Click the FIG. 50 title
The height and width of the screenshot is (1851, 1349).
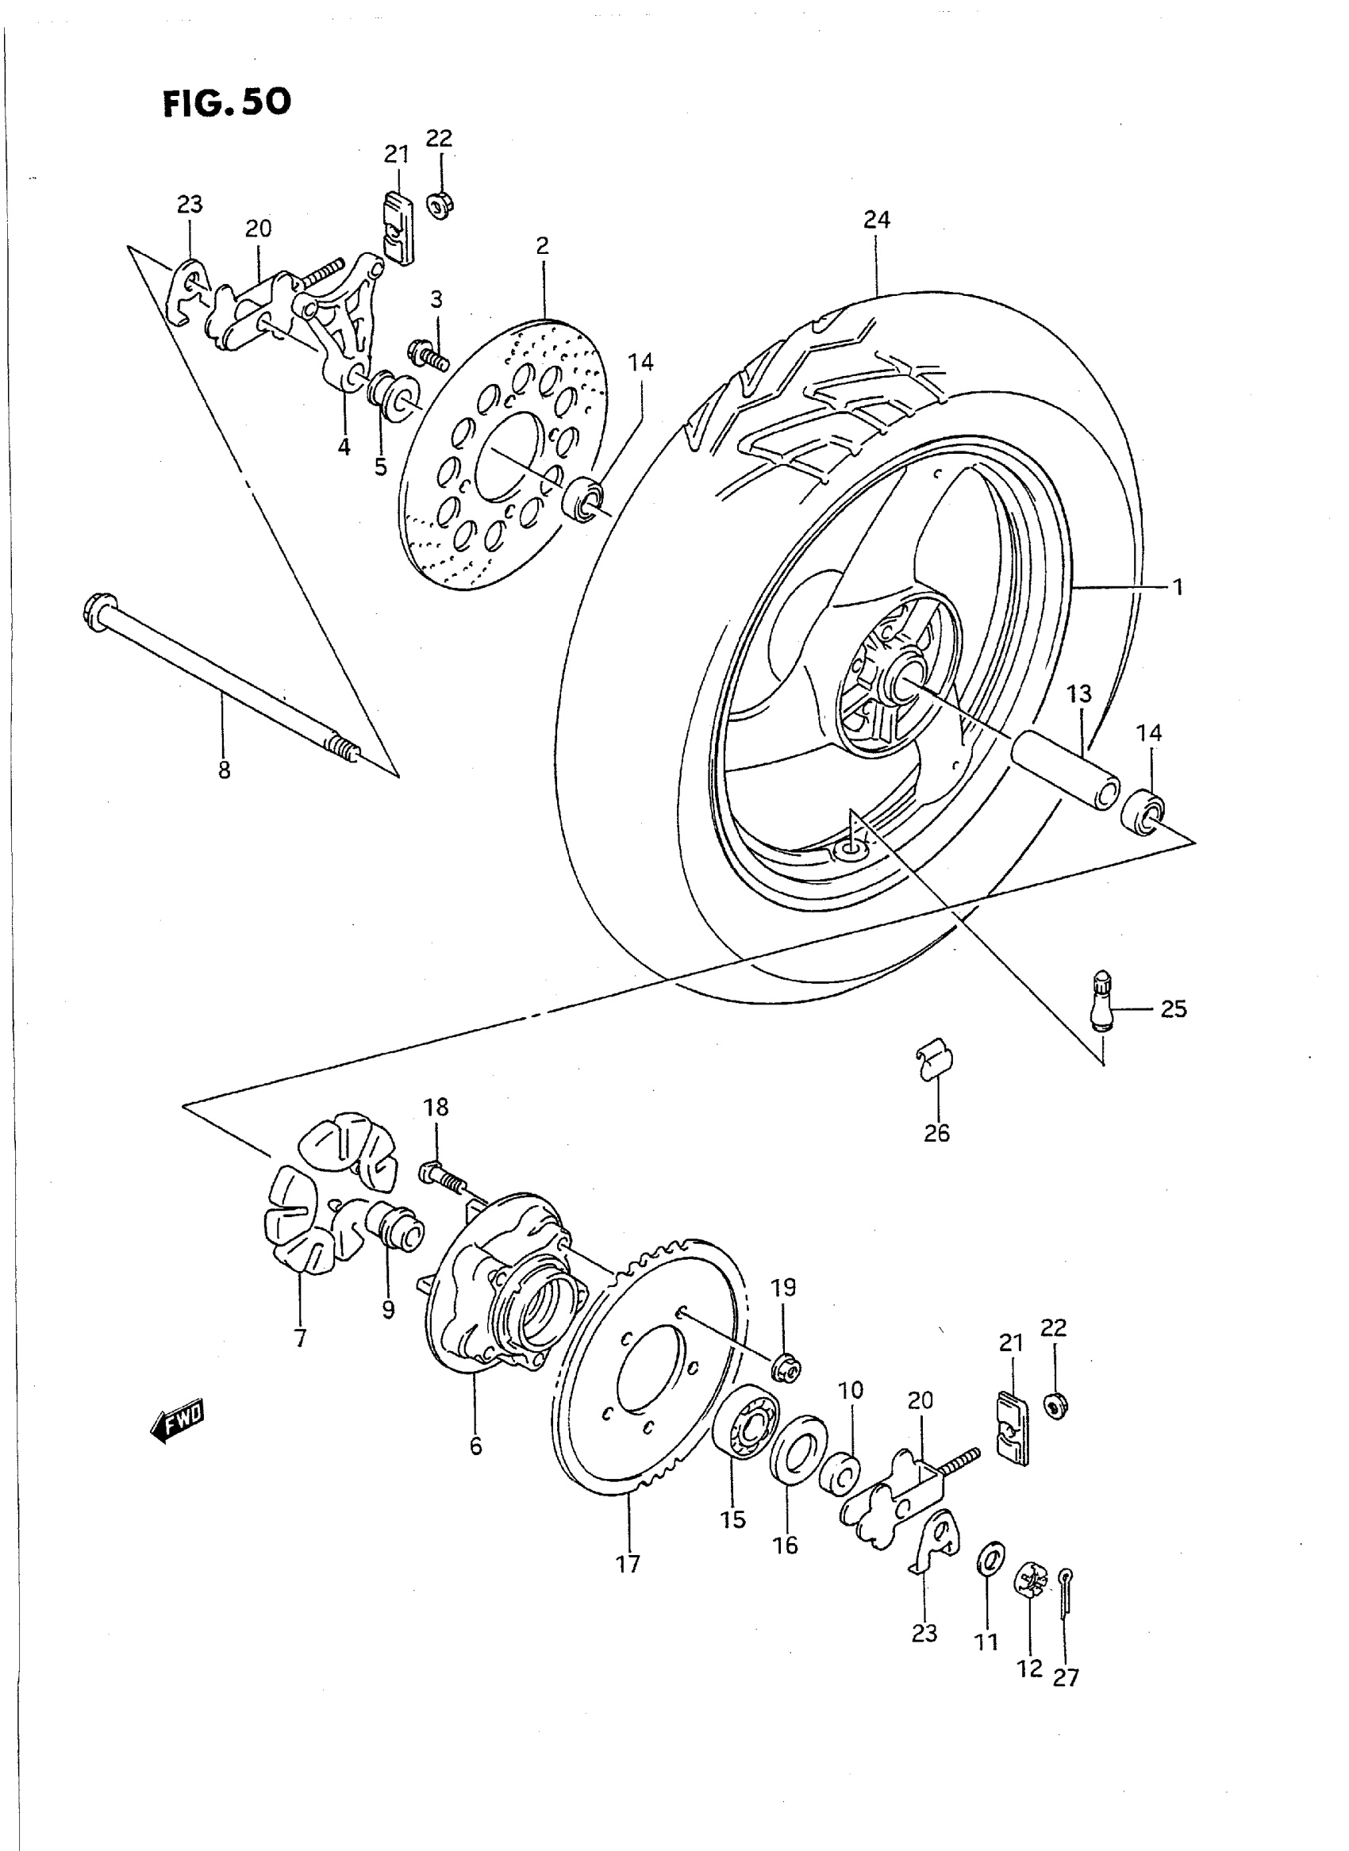[x=226, y=102]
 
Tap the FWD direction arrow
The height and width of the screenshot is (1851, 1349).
[x=178, y=1422]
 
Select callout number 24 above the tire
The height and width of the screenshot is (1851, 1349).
[x=876, y=220]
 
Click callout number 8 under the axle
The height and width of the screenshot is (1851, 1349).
[x=224, y=770]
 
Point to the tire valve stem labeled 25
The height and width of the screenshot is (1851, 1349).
[x=1101, y=1001]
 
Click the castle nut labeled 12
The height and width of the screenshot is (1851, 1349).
[x=1031, y=1581]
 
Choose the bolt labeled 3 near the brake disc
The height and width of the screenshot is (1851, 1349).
[x=427, y=355]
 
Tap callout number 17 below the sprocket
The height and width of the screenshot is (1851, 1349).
[x=628, y=1564]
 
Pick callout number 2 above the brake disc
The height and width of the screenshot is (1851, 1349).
[x=543, y=246]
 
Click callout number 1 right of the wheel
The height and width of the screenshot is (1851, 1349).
[x=1177, y=586]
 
